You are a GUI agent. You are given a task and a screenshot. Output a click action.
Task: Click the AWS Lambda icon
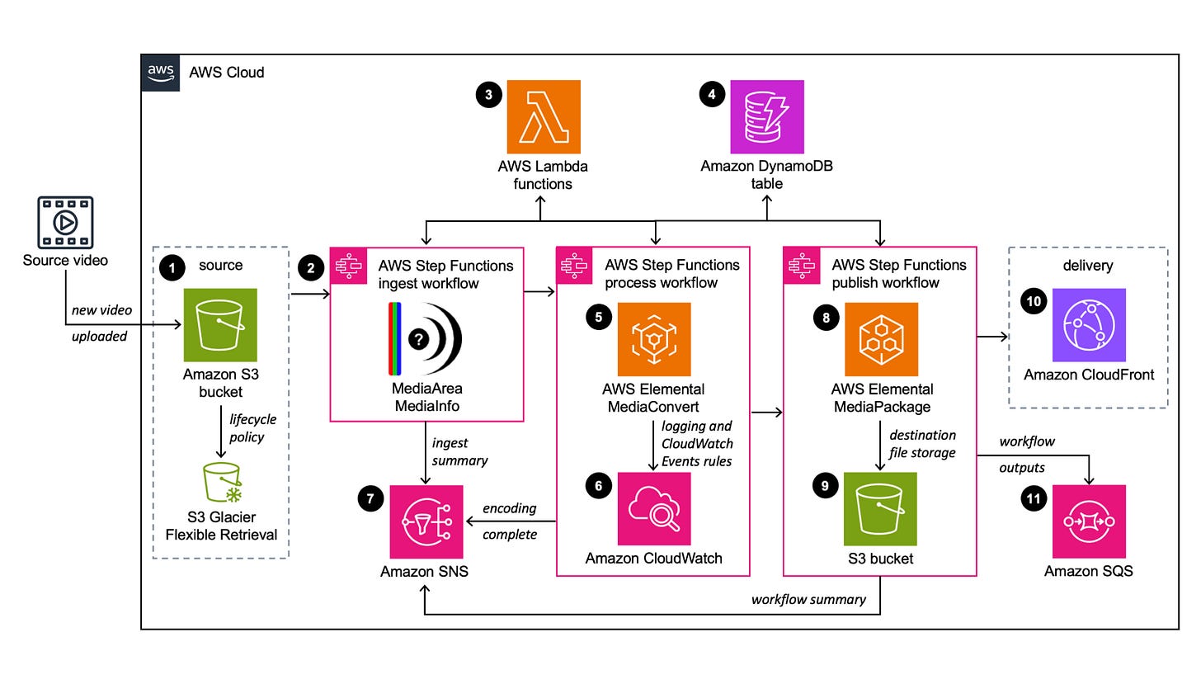point(544,117)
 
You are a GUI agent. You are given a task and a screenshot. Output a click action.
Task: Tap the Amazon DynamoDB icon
point(767,117)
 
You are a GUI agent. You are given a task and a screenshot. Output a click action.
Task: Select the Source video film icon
point(65,223)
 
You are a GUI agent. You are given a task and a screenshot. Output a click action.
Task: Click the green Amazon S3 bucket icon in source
point(220,325)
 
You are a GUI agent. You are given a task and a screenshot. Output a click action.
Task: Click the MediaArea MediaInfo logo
point(425,339)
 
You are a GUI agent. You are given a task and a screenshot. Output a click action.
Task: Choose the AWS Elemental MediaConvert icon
point(654,339)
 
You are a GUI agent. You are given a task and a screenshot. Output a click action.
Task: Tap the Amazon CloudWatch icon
point(654,508)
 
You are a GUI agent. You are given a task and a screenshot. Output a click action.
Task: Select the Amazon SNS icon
point(426,522)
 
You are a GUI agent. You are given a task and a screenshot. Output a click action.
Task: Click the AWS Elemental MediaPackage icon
point(882,339)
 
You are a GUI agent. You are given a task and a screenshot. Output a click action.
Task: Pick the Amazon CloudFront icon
point(1089,325)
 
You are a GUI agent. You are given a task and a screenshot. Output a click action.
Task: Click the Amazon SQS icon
point(1089,521)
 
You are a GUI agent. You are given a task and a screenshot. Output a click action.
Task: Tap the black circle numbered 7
point(370,499)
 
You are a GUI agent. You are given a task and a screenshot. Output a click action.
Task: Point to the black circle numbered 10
point(1034,301)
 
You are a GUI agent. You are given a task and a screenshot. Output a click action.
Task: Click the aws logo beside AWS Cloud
point(161,73)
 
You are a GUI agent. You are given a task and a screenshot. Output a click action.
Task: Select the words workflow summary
point(808,599)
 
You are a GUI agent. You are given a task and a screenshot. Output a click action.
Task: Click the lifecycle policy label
point(252,428)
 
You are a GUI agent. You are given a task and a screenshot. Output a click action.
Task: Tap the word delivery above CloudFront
point(1088,265)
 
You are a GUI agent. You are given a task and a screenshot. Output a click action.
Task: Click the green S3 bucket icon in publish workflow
point(880,508)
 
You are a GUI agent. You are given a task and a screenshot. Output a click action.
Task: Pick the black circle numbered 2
point(311,267)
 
